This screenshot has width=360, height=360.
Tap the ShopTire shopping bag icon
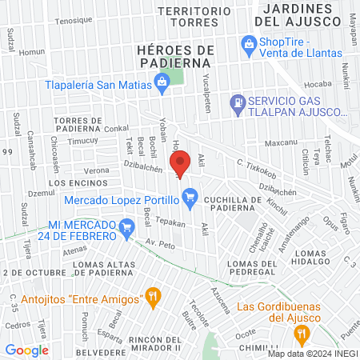[250, 43]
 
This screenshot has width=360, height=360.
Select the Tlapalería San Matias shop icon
[162, 80]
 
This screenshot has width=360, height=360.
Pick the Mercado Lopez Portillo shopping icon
[190, 195]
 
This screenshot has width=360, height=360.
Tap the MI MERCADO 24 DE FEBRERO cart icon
[126, 230]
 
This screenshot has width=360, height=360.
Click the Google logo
[27, 350]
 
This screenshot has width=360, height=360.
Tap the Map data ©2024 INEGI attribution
[312, 354]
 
